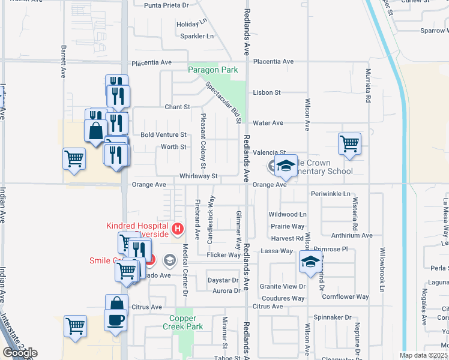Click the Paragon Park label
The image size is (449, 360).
coord(212,70)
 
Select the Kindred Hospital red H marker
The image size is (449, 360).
coord(177,228)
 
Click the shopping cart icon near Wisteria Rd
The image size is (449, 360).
coord(349,144)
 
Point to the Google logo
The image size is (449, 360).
coord(20,353)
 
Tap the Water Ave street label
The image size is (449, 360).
coord(268,123)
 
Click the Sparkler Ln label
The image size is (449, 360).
coord(197,36)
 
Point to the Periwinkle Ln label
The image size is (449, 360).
coord(330,194)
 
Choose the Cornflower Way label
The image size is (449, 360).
coord(345,296)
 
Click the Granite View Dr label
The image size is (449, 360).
coord(283,287)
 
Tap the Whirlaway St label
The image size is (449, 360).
coord(197,176)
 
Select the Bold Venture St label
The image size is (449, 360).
coord(164,135)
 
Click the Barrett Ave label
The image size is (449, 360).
coord(62,61)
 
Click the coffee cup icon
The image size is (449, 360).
coord(115,320)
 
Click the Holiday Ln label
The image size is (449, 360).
coord(191,25)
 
